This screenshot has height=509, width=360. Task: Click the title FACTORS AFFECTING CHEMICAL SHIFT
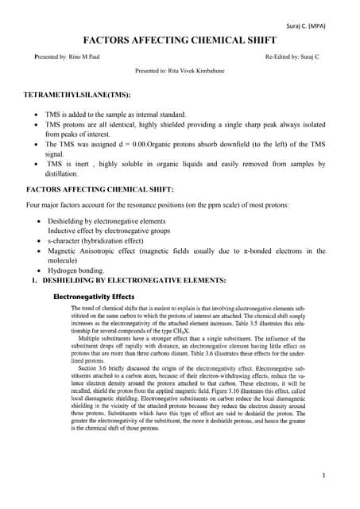[180, 41]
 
